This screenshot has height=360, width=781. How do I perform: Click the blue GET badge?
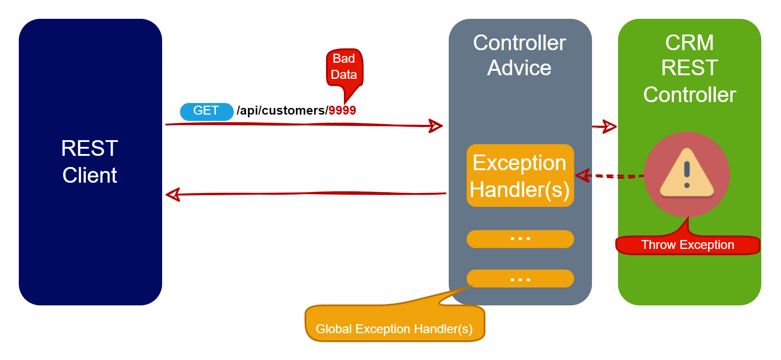click(206, 111)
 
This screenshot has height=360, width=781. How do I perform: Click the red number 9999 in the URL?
click(342, 111)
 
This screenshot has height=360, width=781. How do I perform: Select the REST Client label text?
click(90, 162)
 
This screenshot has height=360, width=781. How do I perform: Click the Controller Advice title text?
click(519, 56)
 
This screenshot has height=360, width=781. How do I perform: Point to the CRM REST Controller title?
click(690, 69)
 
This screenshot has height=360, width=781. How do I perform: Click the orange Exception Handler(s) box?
click(520, 176)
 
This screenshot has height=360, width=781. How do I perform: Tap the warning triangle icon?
click(687, 173)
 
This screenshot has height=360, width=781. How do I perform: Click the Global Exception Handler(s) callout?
click(395, 323)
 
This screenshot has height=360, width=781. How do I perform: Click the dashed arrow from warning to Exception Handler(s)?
click(609, 176)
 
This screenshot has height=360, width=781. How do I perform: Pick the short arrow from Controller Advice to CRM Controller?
click(604, 127)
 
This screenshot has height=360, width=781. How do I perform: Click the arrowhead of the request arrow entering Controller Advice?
click(436, 126)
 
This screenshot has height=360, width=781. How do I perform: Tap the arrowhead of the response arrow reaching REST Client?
click(173, 195)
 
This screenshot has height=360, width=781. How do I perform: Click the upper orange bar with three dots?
click(520, 239)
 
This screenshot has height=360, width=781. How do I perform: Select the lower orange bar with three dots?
click(520, 279)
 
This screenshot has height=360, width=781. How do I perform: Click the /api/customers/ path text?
click(282, 111)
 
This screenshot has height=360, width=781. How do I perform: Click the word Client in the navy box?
click(90, 175)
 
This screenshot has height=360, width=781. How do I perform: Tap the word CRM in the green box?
click(690, 43)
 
